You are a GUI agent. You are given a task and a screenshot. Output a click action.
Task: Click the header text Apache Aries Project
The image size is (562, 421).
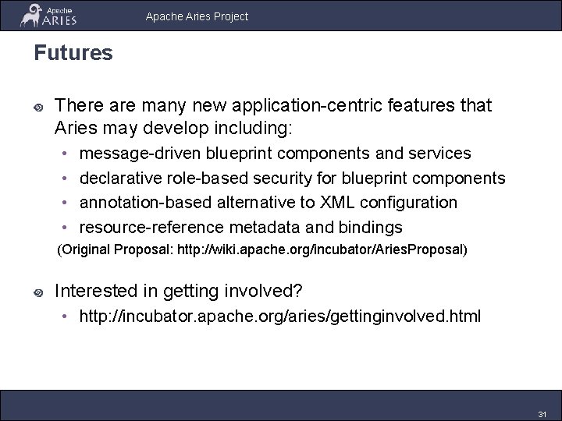point(197,16)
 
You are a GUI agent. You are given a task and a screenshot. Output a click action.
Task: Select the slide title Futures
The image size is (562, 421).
point(73,53)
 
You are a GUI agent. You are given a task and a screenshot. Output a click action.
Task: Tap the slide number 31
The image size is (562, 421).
point(542,413)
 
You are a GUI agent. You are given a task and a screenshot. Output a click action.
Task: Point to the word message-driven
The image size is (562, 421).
point(138,153)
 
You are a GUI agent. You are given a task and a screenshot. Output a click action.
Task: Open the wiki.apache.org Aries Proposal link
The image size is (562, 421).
point(333,250)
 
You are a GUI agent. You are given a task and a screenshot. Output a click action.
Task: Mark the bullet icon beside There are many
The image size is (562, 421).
point(37,106)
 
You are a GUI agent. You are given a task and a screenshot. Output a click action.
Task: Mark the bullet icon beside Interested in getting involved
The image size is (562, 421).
point(37,293)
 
